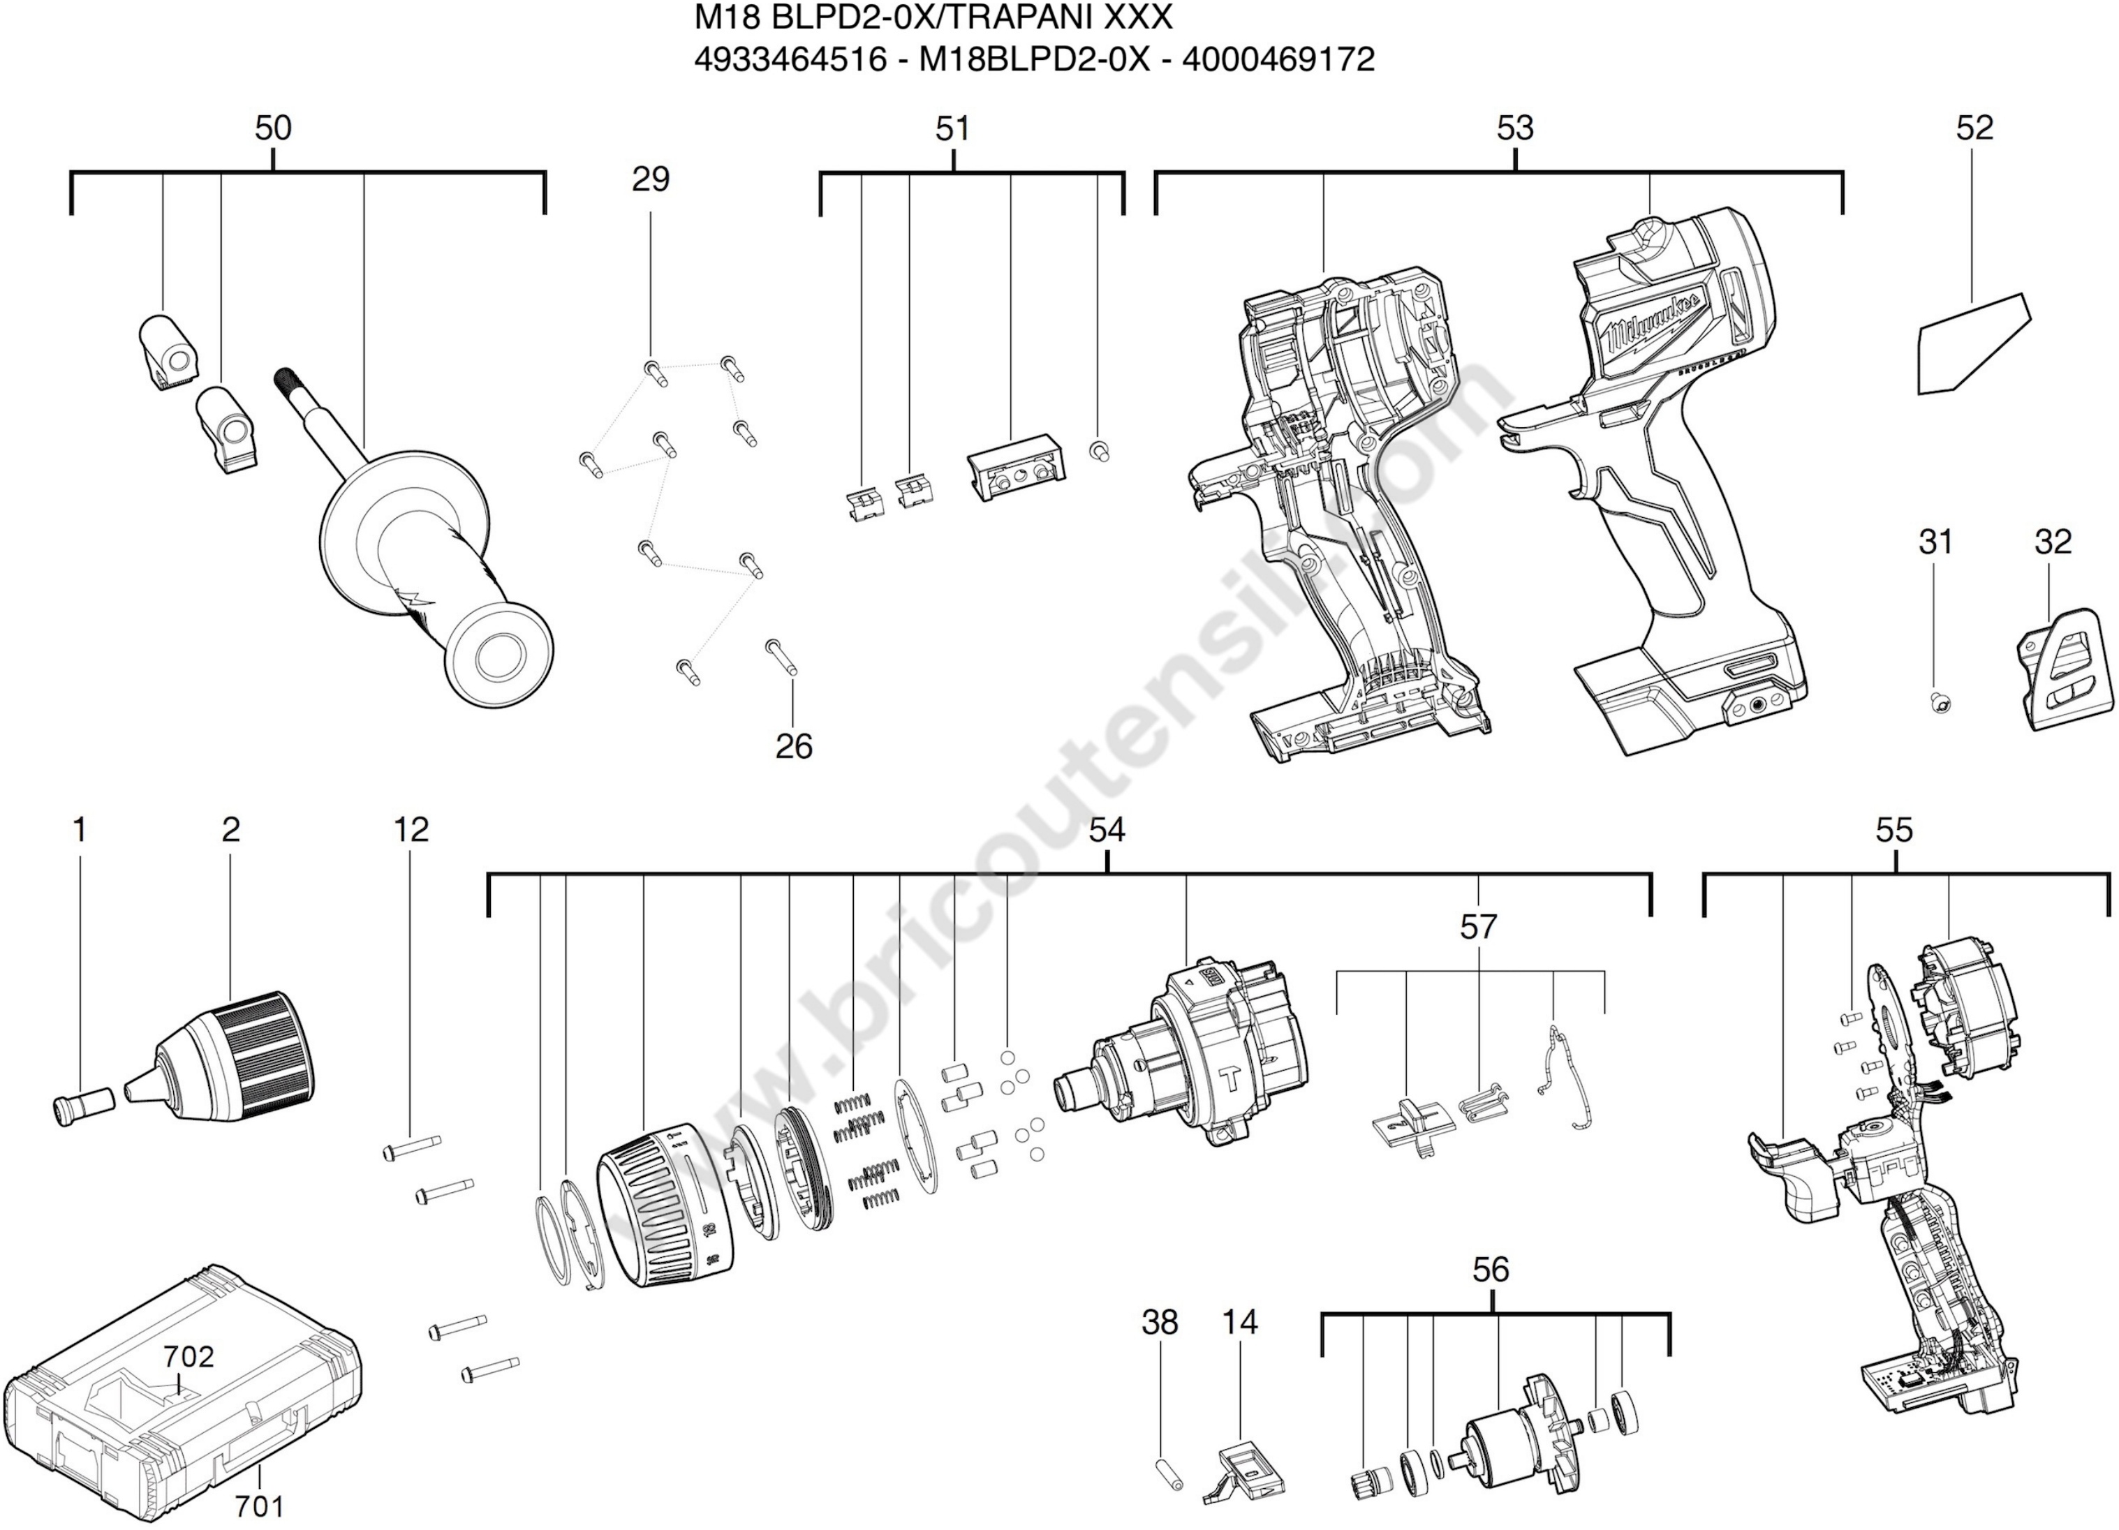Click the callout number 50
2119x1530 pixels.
[x=273, y=128]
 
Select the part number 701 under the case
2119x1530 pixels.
[x=259, y=1506]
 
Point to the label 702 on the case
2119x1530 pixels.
[x=189, y=1356]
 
